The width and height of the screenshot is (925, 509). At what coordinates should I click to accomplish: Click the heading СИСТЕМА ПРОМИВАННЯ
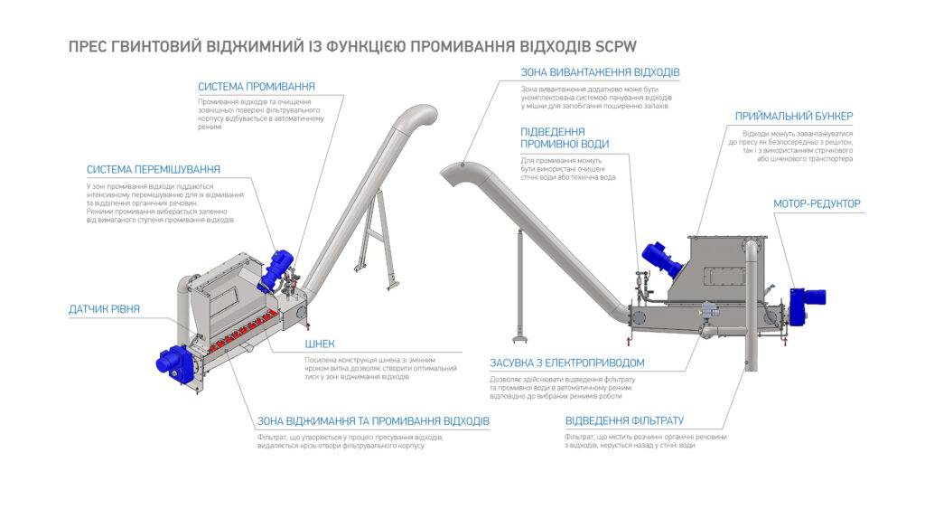(x=257, y=87)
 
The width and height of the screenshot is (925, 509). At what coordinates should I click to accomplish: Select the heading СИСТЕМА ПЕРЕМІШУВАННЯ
(x=154, y=169)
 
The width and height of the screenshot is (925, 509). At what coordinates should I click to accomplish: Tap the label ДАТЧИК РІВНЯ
(x=105, y=309)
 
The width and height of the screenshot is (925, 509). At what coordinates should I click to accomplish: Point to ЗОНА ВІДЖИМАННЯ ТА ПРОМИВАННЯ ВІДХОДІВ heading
(x=373, y=421)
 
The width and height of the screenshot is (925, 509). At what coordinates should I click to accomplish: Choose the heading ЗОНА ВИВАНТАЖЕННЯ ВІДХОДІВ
(x=600, y=72)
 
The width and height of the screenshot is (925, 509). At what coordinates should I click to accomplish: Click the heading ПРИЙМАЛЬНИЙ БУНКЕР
(x=793, y=116)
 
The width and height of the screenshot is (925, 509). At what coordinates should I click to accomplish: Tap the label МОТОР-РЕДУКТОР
(x=817, y=203)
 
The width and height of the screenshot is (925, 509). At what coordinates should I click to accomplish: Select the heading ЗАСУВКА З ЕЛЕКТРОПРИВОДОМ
(x=579, y=363)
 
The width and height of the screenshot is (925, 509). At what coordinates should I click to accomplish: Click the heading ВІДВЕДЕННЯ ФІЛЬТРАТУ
(x=624, y=421)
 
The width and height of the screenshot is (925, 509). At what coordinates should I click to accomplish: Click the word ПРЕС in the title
(x=89, y=44)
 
